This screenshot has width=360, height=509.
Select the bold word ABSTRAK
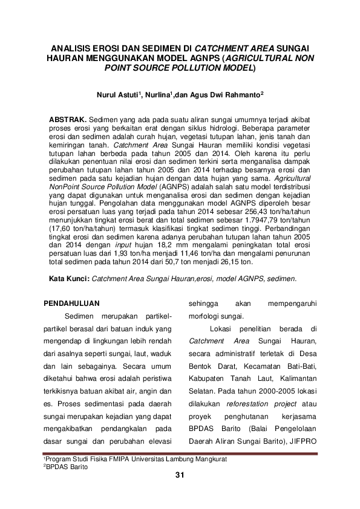[x=67, y=112]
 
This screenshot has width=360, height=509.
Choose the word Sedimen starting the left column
[x=80, y=317]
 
